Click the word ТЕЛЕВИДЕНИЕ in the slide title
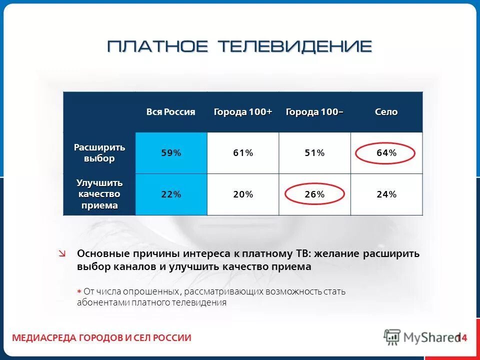(x=295, y=46)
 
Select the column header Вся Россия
(x=170, y=112)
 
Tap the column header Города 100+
(x=243, y=112)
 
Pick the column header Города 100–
(x=314, y=112)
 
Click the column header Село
(x=386, y=112)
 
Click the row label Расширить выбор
(x=99, y=153)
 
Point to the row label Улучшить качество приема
(x=99, y=194)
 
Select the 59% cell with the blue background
(x=171, y=153)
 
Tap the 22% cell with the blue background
(x=171, y=194)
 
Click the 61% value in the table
(x=243, y=153)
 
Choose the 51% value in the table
(x=314, y=153)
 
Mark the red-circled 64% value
(x=386, y=153)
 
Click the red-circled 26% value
(x=314, y=194)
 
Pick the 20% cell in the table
(x=243, y=194)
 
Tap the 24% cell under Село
(x=386, y=194)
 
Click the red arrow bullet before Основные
(x=62, y=254)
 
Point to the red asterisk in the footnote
(x=79, y=291)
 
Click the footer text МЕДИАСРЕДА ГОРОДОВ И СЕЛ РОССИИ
(x=101, y=338)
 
